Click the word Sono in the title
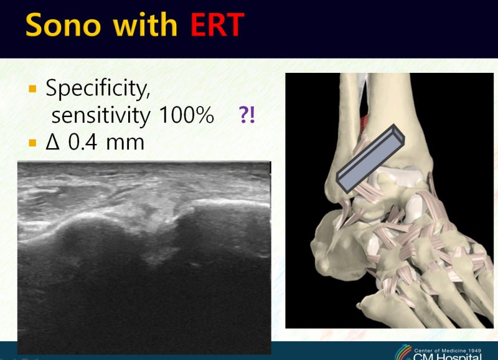pyautogui.click(x=63, y=25)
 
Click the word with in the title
pyautogui.click(x=145, y=25)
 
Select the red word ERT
pyautogui.click(x=217, y=25)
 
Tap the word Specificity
pyautogui.click(x=98, y=88)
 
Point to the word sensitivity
pyautogui.click(x=101, y=115)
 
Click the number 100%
pyautogui.click(x=186, y=115)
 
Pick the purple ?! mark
pyautogui.click(x=247, y=115)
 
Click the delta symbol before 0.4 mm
pyautogui.click(x=53, y=142)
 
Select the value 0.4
pyautogui.click(x=83, y=142)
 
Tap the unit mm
pyautogui.click(x=125, y=143)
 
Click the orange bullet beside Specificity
pyautogui.click(x=32, y=88)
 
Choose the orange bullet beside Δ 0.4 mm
pyautogui.click(x=32, y=143)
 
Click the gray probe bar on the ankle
pyautogui.click(x=370, y=159)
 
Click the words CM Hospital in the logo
pyautogui.click(x=448, y=356)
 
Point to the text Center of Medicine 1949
pyautogui.click(x=448, y=351)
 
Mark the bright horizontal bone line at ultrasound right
pyautogui.click(x=231, y=202)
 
